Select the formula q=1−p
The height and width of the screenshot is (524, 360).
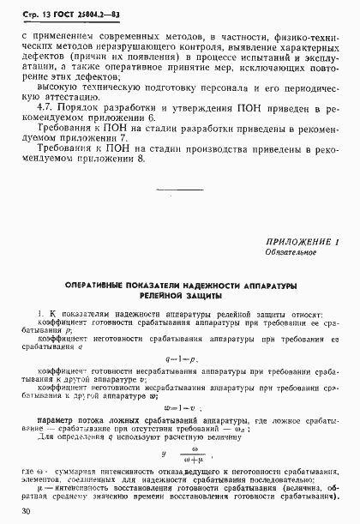(x=180, y=359)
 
